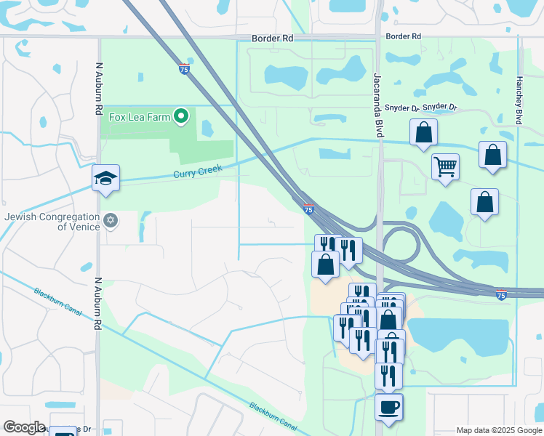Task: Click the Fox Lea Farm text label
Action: [139, 116]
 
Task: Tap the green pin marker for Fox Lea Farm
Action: [181, 116]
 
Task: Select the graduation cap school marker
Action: [105, 179]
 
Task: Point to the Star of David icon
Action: [111, 220]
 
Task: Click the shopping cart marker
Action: [444, 166]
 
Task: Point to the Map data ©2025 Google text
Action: [499, 430]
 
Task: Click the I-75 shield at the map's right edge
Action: [501, 295]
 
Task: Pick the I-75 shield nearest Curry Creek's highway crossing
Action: [309, 209]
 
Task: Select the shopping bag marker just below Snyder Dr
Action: [424, 133]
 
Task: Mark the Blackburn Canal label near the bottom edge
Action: [273, 416]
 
